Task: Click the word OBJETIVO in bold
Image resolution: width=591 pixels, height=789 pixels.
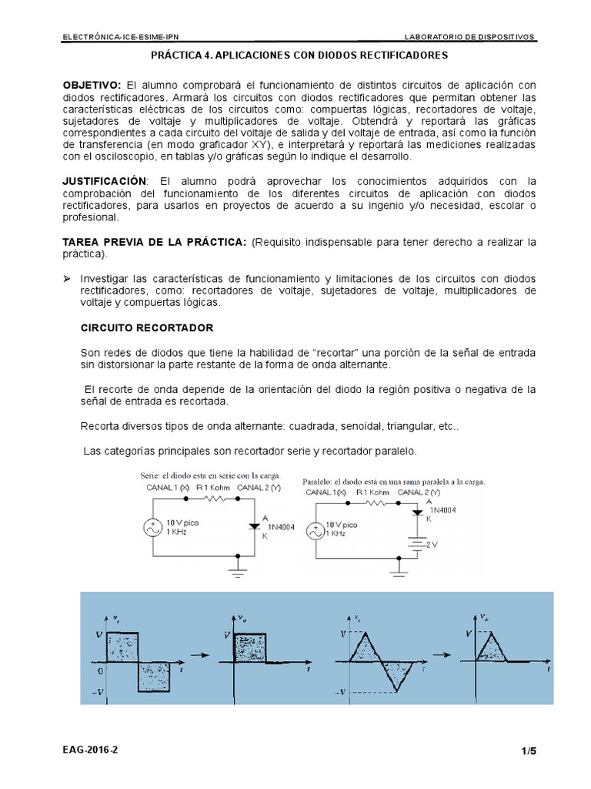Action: (x=91, y=84)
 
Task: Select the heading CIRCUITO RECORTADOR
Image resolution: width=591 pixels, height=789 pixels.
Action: (x=147, y=327)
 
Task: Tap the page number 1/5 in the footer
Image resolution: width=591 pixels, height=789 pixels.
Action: (x=527, y=750)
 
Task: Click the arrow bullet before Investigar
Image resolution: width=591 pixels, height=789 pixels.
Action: (x=66, y=277)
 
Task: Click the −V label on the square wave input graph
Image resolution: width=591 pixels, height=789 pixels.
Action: (x=98, y=692)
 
